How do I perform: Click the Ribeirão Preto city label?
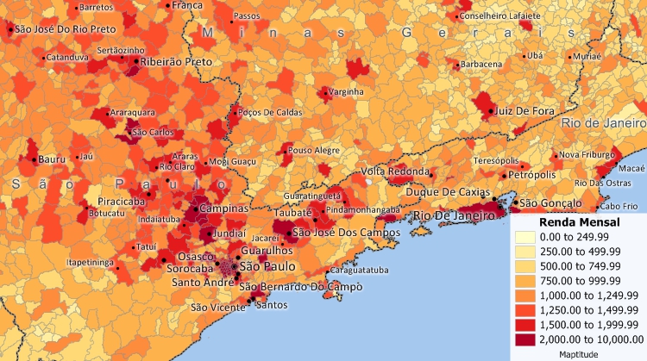[177, 63]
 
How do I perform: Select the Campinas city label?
[223, 209]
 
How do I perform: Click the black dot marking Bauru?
[35, 159]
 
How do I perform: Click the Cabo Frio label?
[619, 206]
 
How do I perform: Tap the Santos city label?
[273, 304]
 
